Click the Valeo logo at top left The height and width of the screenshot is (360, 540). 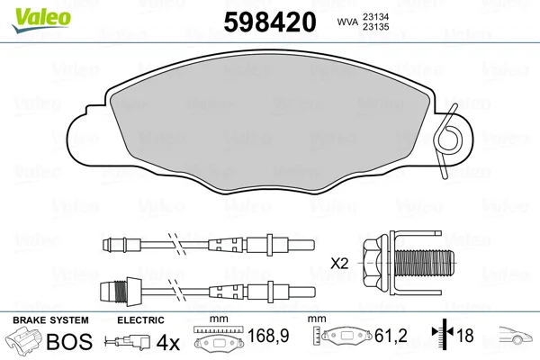click(41, 20)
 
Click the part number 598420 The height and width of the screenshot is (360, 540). click(270, 22)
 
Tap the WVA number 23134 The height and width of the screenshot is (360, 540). click(375, 16)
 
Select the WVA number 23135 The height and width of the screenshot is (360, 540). click(375, 26)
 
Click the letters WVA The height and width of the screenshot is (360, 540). click(347, 22)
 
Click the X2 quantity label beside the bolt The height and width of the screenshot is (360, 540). click(339, 264)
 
